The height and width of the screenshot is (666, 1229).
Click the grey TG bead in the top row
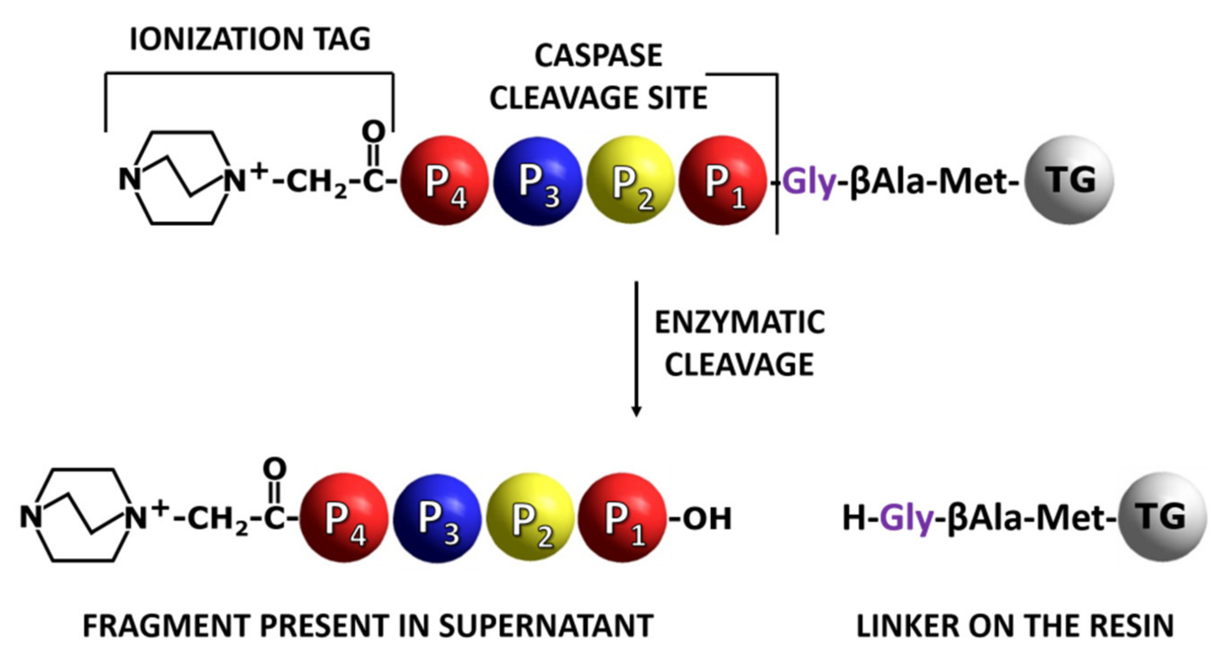pos(1069,180)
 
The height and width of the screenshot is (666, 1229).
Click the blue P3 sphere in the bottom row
pos(437,518)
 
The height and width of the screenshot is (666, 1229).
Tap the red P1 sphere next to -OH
pos(622,518)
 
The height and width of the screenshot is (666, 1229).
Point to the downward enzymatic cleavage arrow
pos(636,348)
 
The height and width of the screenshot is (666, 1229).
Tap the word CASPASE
pos(598,56)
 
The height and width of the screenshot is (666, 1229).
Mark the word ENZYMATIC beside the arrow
pos(739,323)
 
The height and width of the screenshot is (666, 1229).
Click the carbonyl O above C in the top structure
pos(373,131)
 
